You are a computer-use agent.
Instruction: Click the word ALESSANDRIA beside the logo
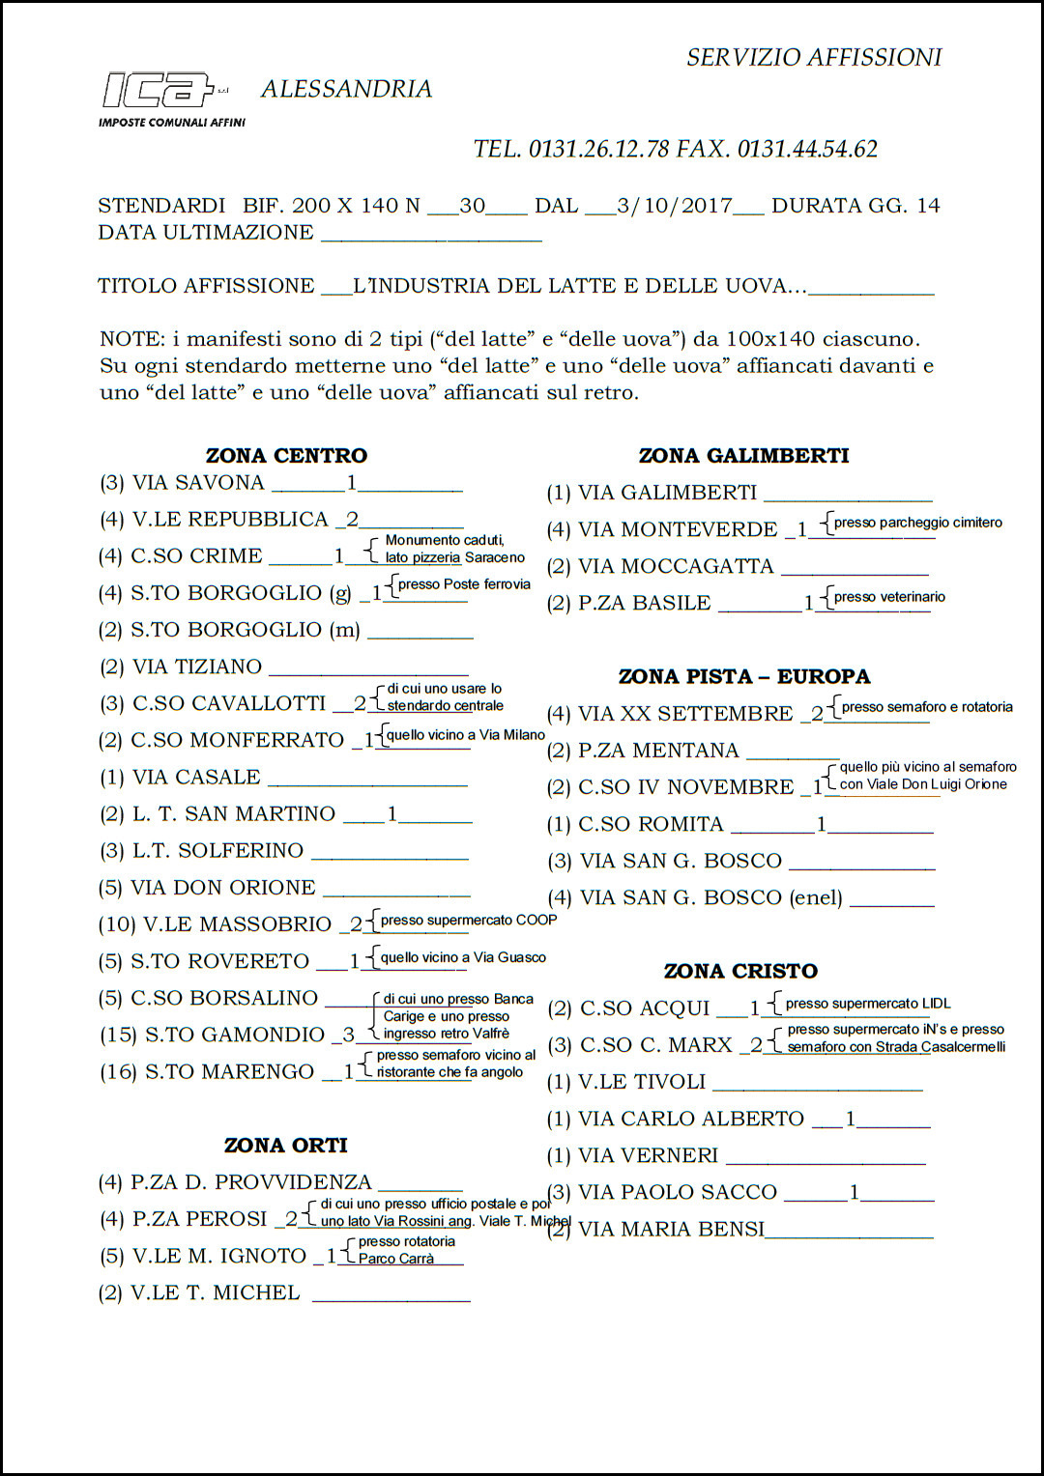pos(346,89)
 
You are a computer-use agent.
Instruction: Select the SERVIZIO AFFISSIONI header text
pos(814,58)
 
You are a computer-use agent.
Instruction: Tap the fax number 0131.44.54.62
pos(807,149)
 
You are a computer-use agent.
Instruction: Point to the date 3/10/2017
pos(674,206)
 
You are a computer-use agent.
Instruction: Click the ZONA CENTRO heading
pos(286,456)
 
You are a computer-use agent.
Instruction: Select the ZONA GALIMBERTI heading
pos(743,456)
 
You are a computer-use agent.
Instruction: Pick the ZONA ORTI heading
pos(285,1146)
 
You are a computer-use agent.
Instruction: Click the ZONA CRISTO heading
pos(740,972)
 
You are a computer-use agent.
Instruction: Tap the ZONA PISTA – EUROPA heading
pos(744,677)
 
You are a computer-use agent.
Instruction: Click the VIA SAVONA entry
pos(198,483)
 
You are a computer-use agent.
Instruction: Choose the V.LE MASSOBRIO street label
pos(237,924)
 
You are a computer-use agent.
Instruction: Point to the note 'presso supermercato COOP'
pos(469,921)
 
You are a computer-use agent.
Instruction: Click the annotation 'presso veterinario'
pos(889,597)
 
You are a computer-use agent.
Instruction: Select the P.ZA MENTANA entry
pos(658,751)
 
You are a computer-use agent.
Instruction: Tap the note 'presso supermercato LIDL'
pos(868,1004)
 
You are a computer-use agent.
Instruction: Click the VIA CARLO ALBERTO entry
pos(690,1119)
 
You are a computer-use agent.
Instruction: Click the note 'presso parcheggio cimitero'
pos(917,523)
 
